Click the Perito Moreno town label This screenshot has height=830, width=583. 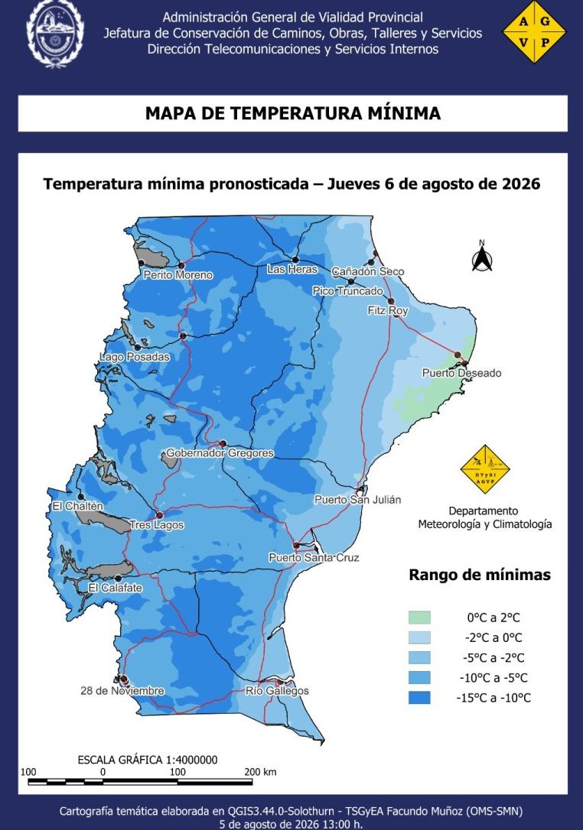click(178, 274)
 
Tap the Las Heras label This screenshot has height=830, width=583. click(292, 269)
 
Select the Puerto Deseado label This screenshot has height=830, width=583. click(461, 373)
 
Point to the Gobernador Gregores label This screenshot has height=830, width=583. click(220, 453)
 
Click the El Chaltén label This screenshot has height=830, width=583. click(77, 506)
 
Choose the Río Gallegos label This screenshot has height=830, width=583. click(277, 691)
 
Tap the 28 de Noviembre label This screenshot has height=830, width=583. click(122, 691)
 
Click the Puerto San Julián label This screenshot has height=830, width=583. click(358, 499)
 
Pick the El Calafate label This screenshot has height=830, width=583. click(115, 588)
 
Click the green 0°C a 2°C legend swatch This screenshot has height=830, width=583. click(419, 618)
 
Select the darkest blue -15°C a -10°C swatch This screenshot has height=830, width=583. click(419, 698)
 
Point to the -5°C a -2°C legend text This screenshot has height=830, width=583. click(493, 657)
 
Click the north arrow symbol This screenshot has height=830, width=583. click(482, 258)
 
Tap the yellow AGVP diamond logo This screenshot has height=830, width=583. click(534, 32)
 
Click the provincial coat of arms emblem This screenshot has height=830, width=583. click(56, 34)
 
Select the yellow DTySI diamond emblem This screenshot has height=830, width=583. click(485, 469)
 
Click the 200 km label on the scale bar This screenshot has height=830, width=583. click(260, 772)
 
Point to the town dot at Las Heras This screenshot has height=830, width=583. click(295, 259)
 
